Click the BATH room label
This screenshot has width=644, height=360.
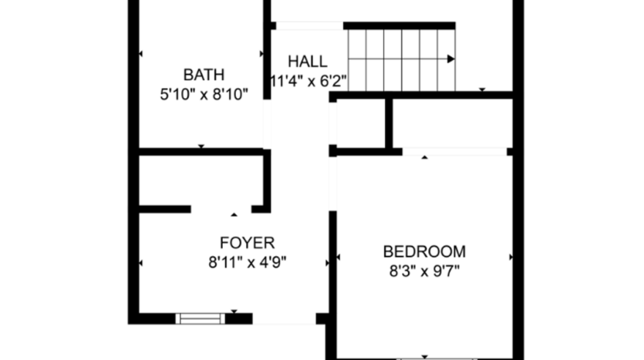pos(204,75)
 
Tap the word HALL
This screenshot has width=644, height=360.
pos(307,62)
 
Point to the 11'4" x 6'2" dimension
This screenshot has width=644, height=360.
pos(308,81)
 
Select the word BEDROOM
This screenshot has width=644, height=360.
pos(424,251)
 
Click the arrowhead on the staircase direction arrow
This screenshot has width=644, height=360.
pos(450,59)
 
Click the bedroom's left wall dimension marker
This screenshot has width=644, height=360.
pos(337,257)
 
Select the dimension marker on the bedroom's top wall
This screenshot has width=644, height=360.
pos(425,157)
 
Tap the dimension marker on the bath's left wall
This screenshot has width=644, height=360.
pos(140,54)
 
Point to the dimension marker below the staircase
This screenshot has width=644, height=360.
pos(482,89)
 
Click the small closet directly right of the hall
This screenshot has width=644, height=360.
pos(361,123)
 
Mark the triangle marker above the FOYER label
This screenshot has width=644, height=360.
pos(234,214)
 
